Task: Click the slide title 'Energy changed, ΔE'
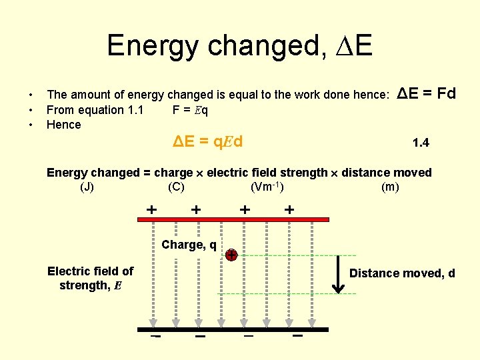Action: coord(239,46)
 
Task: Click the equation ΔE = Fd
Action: coord(426,93)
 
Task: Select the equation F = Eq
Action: coord(190,110)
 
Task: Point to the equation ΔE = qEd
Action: coord(207,141)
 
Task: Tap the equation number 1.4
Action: coord(421,143)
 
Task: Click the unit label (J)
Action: coord(87,187)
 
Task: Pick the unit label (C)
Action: coord(177,187)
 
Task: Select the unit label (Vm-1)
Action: coord(271,187)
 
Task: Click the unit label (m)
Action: coord(390,187)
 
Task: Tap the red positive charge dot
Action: coord(231,255)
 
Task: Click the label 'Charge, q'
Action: coord(189,245)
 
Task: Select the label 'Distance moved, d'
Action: coord(402,273)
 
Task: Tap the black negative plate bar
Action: coord(233,329)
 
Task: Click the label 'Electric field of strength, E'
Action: coord(90,279)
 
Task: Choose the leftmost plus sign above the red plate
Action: coord(152,209)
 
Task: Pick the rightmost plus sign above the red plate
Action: coord(289,209)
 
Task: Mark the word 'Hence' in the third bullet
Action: coord(63,125)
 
